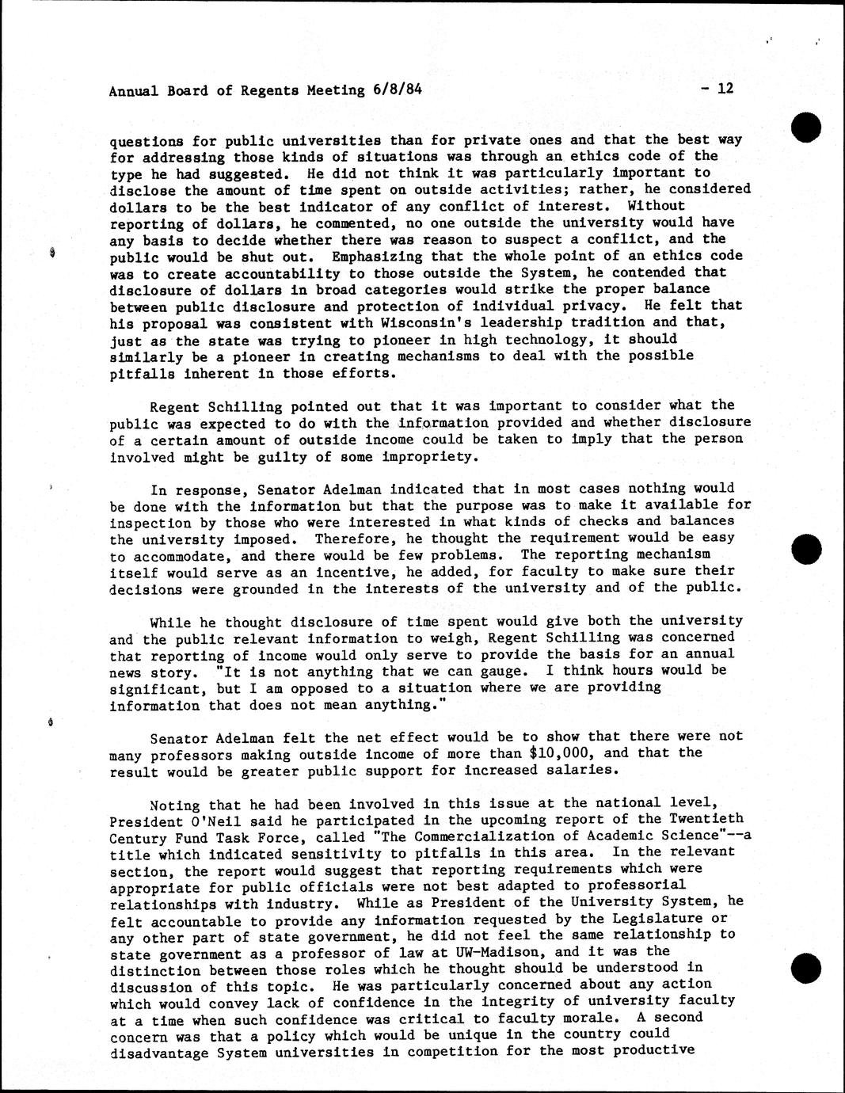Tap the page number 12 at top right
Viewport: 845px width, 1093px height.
pyautogui.click(x=725, y=88)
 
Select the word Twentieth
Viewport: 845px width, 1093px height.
pyautogui.click(x=703, y=819)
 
